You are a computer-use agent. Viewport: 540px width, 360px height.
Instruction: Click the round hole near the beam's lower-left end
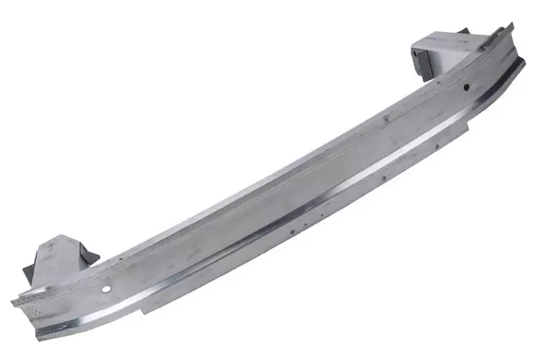pyautogui.click(x=107, y=289)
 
